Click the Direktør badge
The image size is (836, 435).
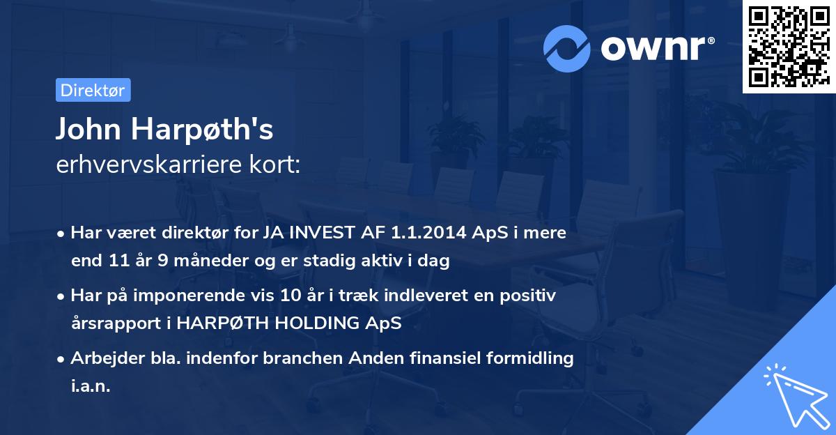(93, 90)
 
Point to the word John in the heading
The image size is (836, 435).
(82, 130)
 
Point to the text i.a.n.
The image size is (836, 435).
(91, 387)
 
